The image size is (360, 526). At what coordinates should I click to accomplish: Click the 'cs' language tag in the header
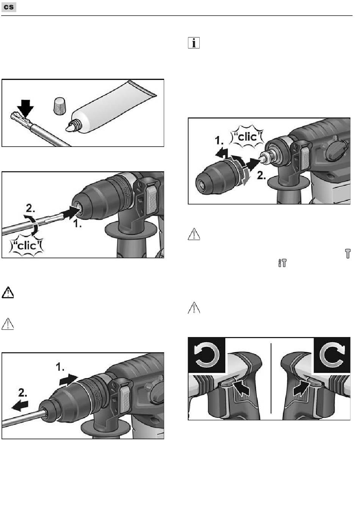coord(9,7)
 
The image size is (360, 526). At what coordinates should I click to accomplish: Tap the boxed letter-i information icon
coord(194,43)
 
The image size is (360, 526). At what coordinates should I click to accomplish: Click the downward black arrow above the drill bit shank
coord(26,108)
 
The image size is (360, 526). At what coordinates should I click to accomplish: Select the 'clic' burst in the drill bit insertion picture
coord(26,246)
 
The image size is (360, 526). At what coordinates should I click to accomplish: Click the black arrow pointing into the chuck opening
coord(70,212)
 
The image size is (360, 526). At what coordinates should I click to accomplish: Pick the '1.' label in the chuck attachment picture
coord(219,140)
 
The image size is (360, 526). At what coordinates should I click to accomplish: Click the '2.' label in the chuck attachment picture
coord(261,175)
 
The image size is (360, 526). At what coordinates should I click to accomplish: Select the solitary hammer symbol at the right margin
coord(348,254)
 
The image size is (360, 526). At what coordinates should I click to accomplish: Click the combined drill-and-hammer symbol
coord(282,263)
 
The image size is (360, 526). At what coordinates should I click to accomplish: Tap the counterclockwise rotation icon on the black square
coord(207,355)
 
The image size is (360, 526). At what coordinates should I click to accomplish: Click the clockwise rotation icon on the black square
coord(332,355)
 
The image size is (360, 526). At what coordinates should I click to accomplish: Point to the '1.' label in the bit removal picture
coord(60,367)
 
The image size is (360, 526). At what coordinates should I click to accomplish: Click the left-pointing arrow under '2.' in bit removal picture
coord(20,406)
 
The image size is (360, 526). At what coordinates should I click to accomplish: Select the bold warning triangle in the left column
coord(8,292)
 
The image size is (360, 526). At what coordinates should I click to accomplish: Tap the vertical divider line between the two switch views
coord(271,378)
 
